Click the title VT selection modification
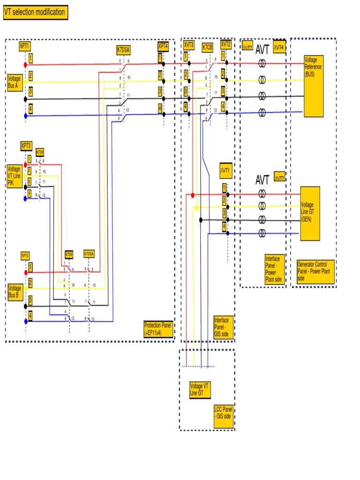tap(35, 13)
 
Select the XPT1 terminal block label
tap(25, 46)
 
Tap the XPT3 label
tap(26, 145)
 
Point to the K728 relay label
tap(40, 152)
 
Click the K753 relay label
tap(69, 255)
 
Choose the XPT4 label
tap(163, 46)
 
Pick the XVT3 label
tap(189, 45)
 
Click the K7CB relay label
tap(207, 47)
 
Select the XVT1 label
tap(225, 171)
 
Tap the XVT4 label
tap(279, 47)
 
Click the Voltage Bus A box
tap(15, 82)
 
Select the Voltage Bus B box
tap(15, 291)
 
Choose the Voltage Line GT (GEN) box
tap(310, 213)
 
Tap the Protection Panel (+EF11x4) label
tap(158, 329)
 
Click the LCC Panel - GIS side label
tap(223, 416)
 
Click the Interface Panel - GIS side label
tap(223, 326)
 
